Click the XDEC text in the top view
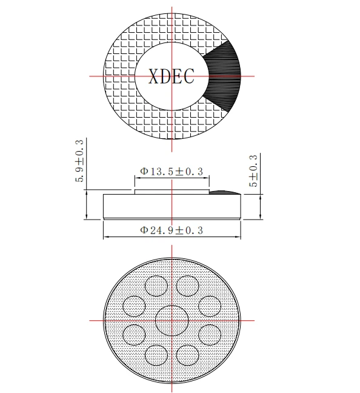172,76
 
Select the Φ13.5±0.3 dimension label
172,172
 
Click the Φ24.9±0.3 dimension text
172,230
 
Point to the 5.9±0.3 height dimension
79,161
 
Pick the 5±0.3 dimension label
253,170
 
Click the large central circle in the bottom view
172,321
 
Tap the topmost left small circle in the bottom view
156,286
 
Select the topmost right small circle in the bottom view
188,286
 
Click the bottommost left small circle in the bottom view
156,355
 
